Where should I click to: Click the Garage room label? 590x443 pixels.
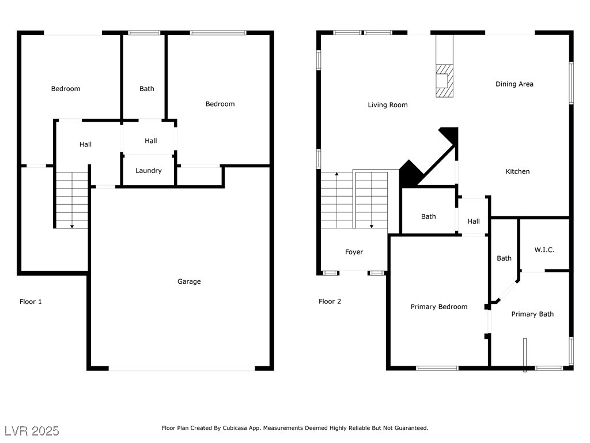tap(189, 281)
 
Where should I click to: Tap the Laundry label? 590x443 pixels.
tap(148, 171)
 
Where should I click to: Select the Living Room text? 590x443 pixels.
tap(388, 105)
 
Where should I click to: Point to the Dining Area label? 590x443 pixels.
tap(515, 84)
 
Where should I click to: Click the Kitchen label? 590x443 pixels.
tap(517, 171)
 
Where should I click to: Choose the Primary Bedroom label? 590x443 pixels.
tap(438, 307)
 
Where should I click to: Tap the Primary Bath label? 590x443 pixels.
tap(532, 314)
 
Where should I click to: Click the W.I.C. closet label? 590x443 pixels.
tap(544, 250)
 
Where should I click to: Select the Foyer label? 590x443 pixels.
tap(354, 252)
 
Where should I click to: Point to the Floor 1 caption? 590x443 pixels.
tap(31, 302)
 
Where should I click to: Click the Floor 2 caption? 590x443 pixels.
tap(330, 301)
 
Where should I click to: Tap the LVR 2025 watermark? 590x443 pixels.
tap(32, 431)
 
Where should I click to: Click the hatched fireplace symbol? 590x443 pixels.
tap(444, 81)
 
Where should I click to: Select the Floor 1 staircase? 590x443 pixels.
tap(72, 200)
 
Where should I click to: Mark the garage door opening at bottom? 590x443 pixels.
tap(181, 368)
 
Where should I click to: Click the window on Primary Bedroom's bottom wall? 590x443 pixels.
tap(437, 368)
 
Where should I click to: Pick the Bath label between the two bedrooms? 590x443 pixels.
tap(147, 89)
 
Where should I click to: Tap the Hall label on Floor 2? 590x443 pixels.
tap(474, 221)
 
